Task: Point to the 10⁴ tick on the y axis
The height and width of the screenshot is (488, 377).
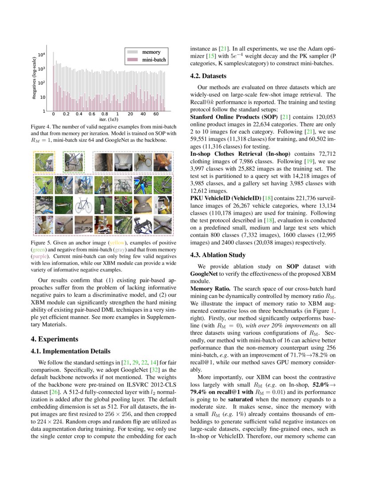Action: (x=41, y=55)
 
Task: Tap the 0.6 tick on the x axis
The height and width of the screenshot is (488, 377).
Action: (x=92, y=114)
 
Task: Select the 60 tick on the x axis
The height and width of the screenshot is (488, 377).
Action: (x=156, y=114)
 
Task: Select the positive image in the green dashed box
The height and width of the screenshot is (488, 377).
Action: (x=74, y=161)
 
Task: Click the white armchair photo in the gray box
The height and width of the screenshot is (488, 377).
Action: (x=123, y=162)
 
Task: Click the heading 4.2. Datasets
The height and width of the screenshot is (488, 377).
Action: (x=208, y=76)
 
